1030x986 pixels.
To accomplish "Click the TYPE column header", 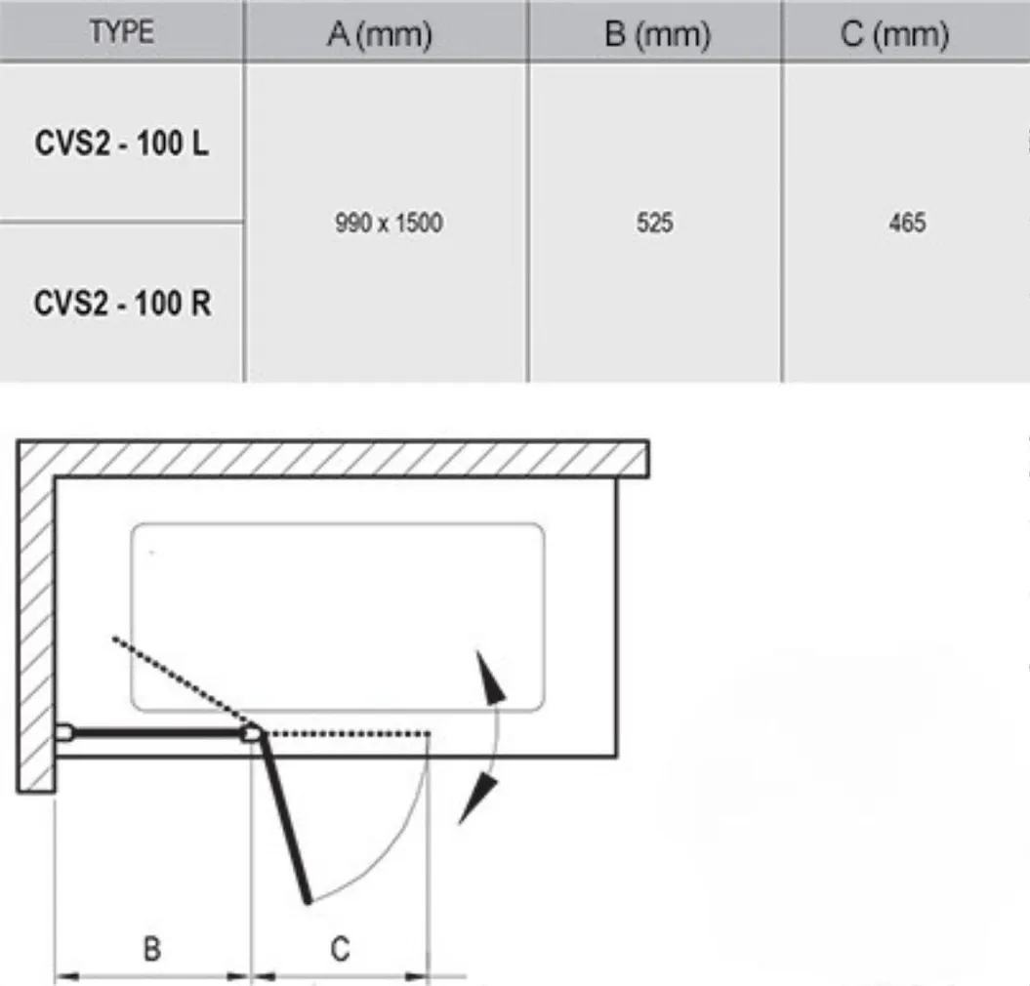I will pyautogui.click(x=121, y=31).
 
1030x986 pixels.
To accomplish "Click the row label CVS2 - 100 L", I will pyautogui.click(x=121, y=144).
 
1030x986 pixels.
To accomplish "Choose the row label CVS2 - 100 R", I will pyautogui.click(x=121, y=303).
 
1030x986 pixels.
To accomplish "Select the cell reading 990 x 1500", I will pyautogui.click(x=388, y=224).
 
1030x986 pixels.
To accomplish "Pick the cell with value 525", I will pyautogui.click(x=654, y=224).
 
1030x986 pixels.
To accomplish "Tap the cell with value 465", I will pyautogui.click(x=907, y=224).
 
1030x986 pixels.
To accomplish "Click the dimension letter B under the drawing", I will pyautogui.click(x=152, y=948).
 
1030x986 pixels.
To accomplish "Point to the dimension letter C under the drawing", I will pyautogui.click(x=339, y=948).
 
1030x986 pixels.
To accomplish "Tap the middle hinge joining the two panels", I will pyautogui.click(x=254, y=732).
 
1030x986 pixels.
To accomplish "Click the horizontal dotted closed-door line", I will pyautogui.click(x=347, y=732).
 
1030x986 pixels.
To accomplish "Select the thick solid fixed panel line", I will pyautogui.click(x=156, y=732).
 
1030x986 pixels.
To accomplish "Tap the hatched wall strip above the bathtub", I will pyautogui.click(x=332, y=458).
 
